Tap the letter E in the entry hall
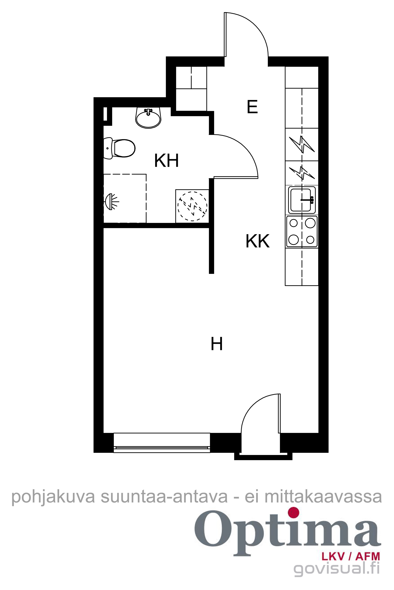[x=252, y=107]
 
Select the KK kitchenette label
[x=258, y=241]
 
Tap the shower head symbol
[x=111, y=201]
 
